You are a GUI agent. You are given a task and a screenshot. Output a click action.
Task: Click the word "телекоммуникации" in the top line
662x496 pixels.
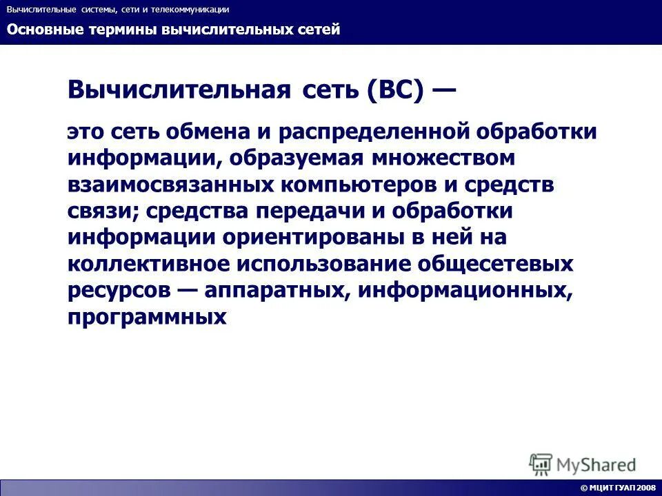(188, 10)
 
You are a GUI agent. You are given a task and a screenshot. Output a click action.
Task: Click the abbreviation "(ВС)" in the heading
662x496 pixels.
(394, 90)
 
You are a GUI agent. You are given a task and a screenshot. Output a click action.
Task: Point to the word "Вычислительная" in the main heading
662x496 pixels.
(179, 90)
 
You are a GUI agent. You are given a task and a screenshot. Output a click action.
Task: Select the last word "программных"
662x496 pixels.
(147, 317)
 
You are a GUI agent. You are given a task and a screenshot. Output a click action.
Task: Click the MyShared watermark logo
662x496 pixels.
(583, 464)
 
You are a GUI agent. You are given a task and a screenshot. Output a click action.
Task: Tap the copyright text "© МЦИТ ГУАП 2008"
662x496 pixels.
(618, 488)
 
